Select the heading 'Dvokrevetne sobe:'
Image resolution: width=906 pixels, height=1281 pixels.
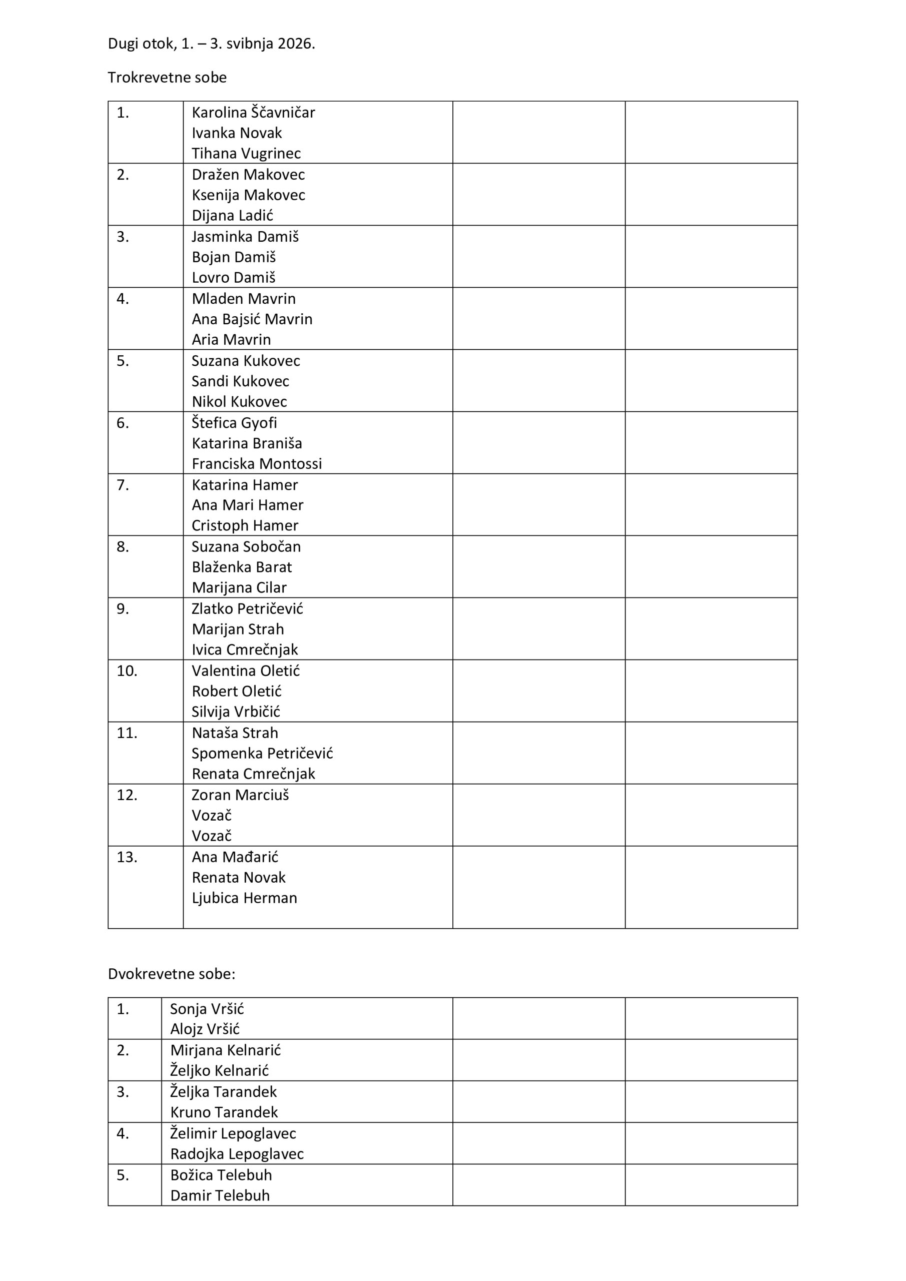[171, 974]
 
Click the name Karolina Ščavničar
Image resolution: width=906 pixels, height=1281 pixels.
[253, 113]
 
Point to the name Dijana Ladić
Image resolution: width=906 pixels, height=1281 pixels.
[232, 215]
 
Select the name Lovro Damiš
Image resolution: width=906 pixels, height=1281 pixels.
[234, 277]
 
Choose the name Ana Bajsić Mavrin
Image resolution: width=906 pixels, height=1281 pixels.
[252, 319]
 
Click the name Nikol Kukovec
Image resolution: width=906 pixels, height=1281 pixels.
[239, 402]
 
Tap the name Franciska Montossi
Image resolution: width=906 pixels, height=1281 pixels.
[257, 464]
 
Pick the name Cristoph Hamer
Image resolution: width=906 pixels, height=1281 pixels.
[245, 525]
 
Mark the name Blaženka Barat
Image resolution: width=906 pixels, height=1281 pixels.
[242, 567]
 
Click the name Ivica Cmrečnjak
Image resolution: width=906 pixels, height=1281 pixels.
[245, 650]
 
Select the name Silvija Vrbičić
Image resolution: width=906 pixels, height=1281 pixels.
[236, 712]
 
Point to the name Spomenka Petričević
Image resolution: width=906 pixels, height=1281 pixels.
[262, 754]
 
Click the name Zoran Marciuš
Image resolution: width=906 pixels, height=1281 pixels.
[241, 795]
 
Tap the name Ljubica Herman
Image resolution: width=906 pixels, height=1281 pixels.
[244, 898]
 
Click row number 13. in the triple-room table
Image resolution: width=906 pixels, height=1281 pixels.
[127, 857]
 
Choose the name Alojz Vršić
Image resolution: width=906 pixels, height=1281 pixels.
[205, 1029]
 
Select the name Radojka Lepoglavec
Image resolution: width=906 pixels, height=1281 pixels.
[237, 1154]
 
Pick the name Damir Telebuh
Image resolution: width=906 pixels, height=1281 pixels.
[220, 1195]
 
